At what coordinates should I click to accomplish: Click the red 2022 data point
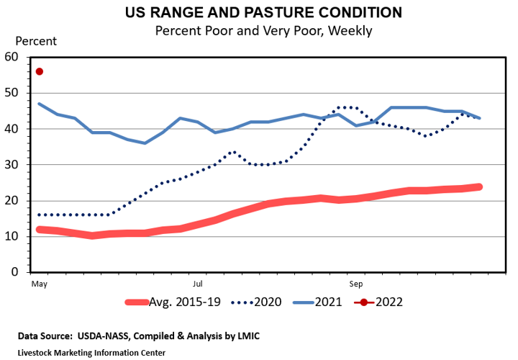pyautogui.click(x=40, y=71)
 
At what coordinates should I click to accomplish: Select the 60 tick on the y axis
pyautogui.click(x=11, y=57)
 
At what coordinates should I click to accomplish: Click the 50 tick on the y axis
pyautogui.click(x=11, y=93)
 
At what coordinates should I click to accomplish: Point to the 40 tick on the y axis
pyautogui.click(x=11, y=129)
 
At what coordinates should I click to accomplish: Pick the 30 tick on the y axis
pyautogui.click(x=11, y=165)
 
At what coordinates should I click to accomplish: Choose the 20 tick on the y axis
pyautogui.click(x=11, y=201)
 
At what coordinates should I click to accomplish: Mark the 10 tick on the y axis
pyautogui.click(x=11, y=237)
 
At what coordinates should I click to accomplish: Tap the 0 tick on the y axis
pyautogui.click(x=14, y=273)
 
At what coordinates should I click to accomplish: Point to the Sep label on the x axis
pyautogui.click(x=355, y=283)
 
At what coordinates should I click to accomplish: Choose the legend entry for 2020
pyautogui.click(x=263, y=302)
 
